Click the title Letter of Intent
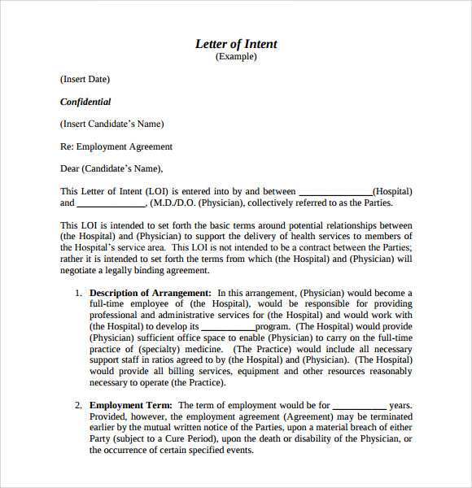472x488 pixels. pos(236,44)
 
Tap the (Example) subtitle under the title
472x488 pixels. pos(236,57)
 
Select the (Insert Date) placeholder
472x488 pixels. pos(85,80)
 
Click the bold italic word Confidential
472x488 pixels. pos(85,102)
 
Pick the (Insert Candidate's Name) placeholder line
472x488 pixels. pos(111,124)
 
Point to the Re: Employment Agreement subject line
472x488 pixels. pos(116,147)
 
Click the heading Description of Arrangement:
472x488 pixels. pos(151,293)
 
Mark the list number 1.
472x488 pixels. pos(78,293)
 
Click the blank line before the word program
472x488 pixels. pos(228,327)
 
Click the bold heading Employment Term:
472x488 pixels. pos(131,405)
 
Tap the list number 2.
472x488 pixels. pos(78,405)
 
